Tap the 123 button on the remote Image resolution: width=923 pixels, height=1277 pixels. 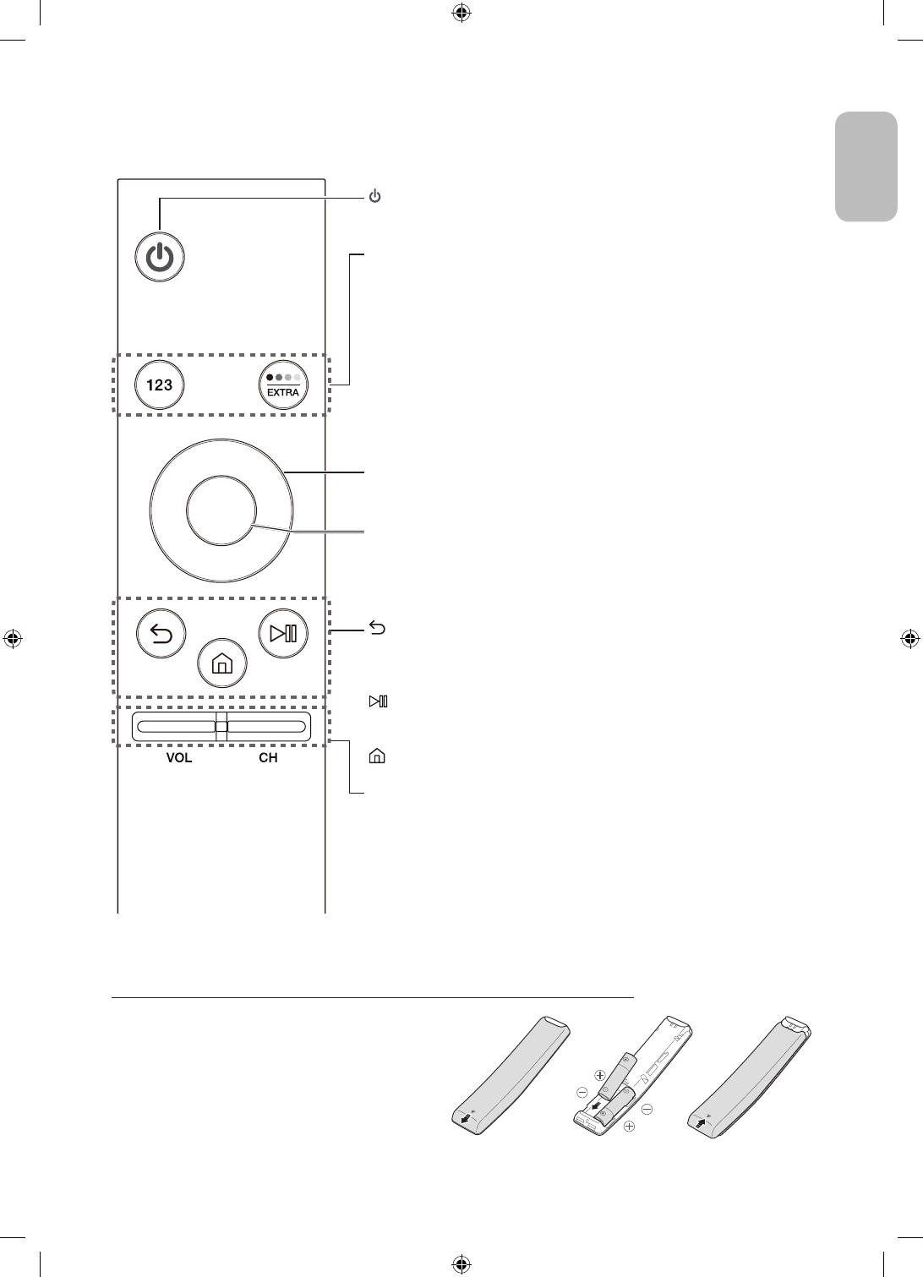160,385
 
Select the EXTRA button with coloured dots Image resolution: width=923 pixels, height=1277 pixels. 283,385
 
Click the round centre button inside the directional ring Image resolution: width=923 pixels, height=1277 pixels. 221,510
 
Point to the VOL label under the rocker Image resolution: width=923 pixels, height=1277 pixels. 178,758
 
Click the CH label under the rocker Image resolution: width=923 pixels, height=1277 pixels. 268,758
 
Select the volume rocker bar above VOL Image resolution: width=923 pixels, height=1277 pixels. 174,726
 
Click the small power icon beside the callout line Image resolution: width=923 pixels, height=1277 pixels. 375,197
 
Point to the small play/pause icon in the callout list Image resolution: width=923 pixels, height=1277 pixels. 377,701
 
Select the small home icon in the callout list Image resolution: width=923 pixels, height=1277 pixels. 376,756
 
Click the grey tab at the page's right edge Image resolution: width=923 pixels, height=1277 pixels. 866,166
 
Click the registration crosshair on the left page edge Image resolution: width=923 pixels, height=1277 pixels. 13,638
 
